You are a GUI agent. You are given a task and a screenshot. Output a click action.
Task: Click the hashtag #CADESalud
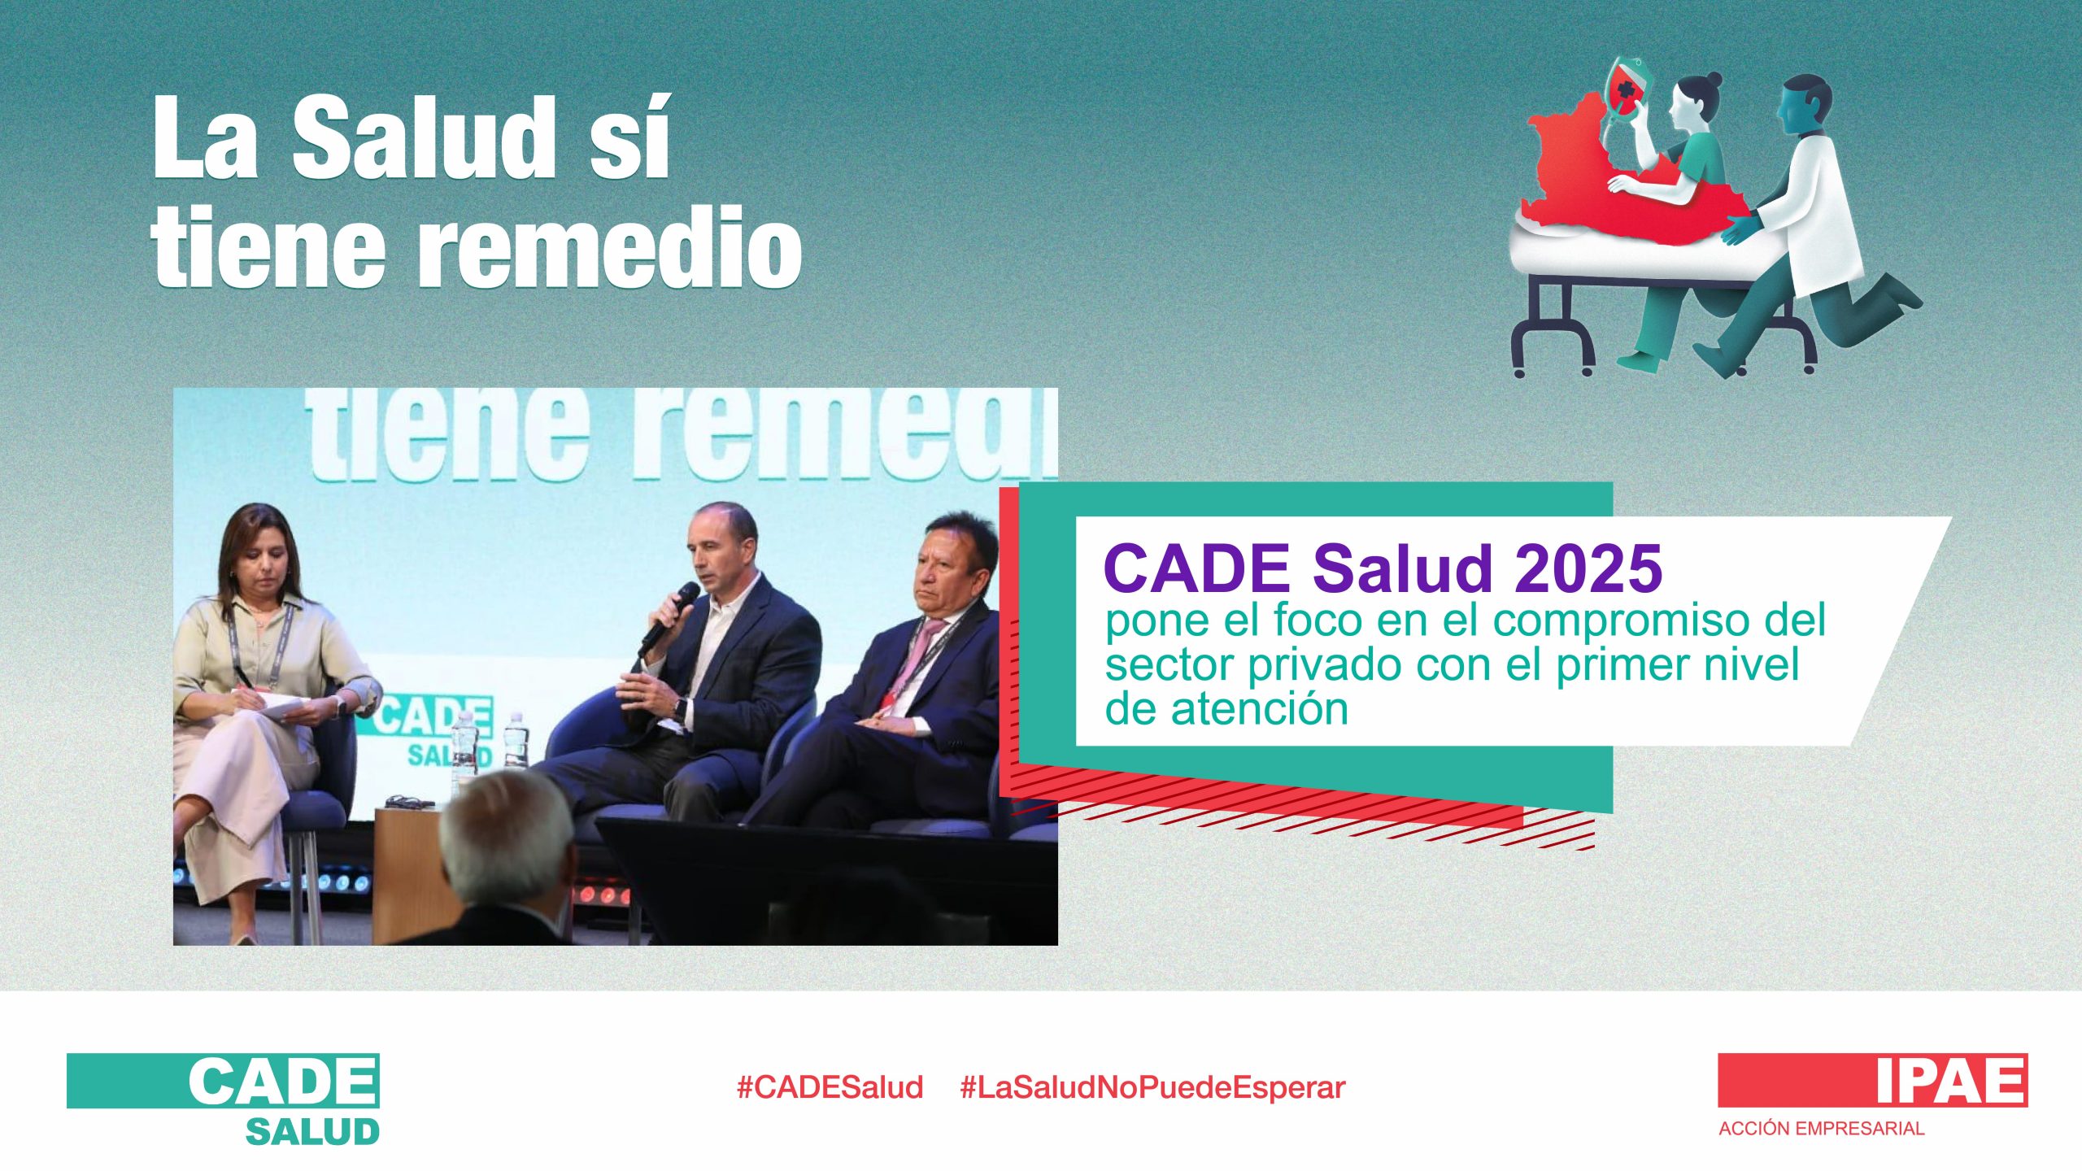click(x=830, y=1087)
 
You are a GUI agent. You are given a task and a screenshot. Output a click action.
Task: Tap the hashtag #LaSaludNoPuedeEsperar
click(x=1153, y=1088)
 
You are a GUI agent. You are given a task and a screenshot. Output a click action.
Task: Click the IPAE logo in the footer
click(x=1873, y=1080)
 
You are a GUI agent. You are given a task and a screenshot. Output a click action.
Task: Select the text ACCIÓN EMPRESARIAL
click(x=1822, y=1129)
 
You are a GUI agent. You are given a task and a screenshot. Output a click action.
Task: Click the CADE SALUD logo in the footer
click(x=224, y=1099)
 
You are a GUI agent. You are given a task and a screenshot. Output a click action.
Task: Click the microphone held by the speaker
click(x=669, y=618)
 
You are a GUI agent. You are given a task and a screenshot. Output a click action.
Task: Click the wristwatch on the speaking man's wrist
click(x=678, y=708)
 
